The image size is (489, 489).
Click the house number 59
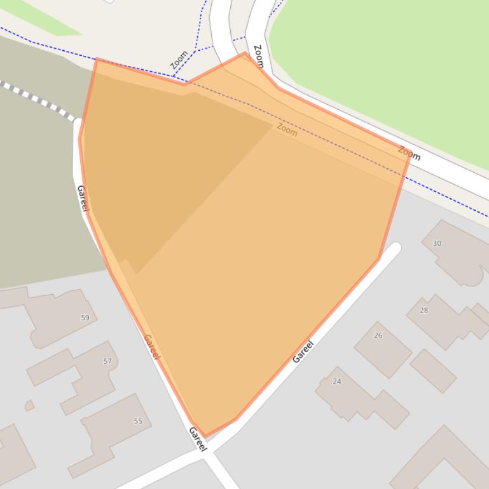[85, 318]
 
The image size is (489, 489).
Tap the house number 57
[107, 361]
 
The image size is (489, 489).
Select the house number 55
[138, 421]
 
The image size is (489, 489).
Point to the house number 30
[437, 243]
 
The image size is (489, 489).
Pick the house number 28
[424, 311]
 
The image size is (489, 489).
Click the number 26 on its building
[378, 335]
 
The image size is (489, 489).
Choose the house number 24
[337, 382]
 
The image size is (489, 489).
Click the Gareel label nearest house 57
[151, 347]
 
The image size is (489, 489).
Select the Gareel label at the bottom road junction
[198, 439]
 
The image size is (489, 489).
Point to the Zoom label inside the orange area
[287, 130]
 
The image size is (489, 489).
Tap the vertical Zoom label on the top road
[258, 57]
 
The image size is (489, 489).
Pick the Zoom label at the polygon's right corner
[409, 153]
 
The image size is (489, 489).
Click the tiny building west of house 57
[29, 405]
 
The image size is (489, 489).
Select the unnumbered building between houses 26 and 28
[433, 370]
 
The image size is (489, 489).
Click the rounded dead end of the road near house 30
[395, 249]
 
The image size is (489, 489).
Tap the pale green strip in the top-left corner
[45, 16]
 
